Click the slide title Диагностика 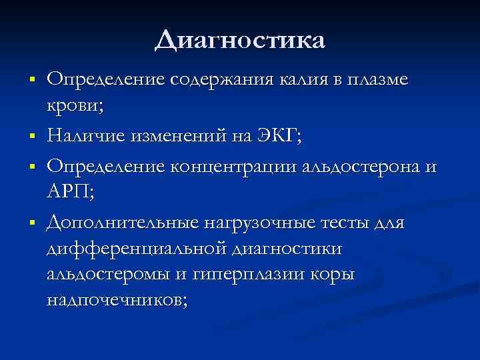pyautogui.click(x=240, y=39)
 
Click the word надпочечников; pyautogui.click(x=117, y=300)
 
